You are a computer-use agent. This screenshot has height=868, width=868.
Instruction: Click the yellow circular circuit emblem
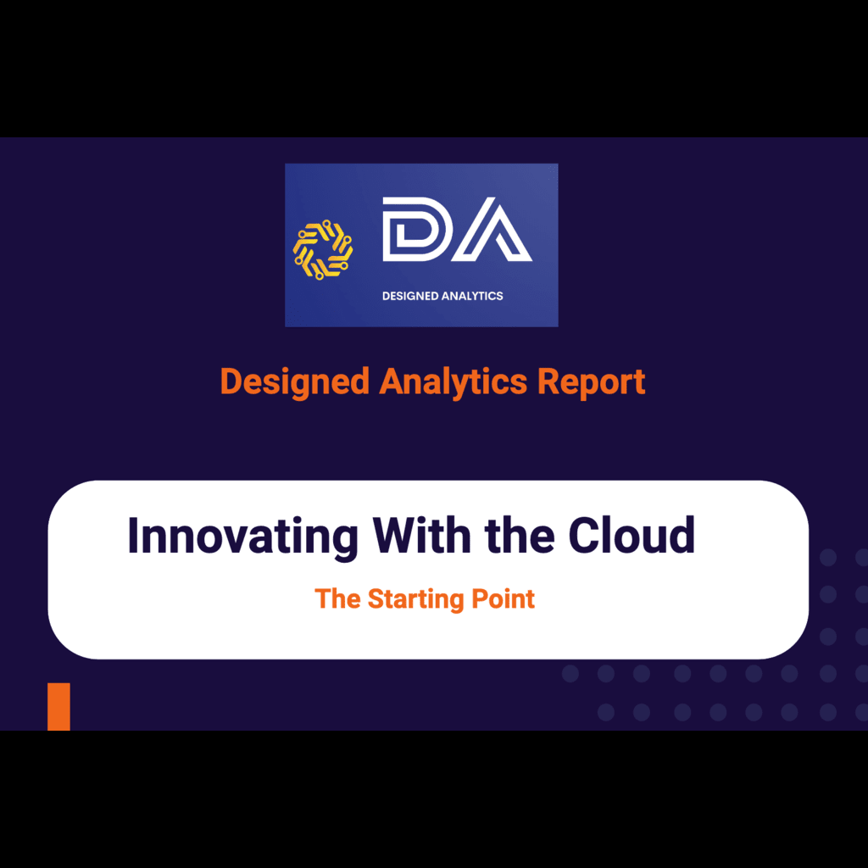click(323, 249)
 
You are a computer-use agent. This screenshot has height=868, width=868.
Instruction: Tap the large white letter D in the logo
click(414, 229)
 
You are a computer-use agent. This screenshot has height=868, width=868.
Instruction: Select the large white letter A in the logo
click(492, 231)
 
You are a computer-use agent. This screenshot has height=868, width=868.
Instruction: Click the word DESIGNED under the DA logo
click(410, 296)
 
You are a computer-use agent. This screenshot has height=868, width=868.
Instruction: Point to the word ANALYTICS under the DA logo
click(472, 296)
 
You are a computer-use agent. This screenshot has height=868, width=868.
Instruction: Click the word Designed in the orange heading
click(295, 383)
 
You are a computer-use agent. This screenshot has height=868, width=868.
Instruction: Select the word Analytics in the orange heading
click(453, 383)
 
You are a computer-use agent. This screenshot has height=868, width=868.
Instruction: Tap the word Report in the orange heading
click(591, 383)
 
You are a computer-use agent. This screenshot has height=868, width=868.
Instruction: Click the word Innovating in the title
click(243, 537)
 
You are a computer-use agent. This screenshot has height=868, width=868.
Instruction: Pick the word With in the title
click(422, 535)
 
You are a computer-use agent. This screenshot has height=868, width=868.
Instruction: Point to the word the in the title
click(520, 535)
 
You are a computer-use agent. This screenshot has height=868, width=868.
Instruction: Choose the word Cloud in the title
click(632, 535)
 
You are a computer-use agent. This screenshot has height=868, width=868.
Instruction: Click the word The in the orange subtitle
click(337, 599)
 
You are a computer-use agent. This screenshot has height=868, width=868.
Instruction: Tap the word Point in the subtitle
click(504, 599)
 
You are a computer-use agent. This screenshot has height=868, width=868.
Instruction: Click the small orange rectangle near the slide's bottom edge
click(58, 707)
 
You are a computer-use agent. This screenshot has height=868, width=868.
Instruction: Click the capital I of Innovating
click(132, 535)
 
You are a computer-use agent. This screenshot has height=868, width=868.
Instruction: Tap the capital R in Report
click(548, 381)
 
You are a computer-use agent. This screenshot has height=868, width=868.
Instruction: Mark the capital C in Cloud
click(585, 535)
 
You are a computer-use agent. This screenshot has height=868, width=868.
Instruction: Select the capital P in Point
click(480, 599)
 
